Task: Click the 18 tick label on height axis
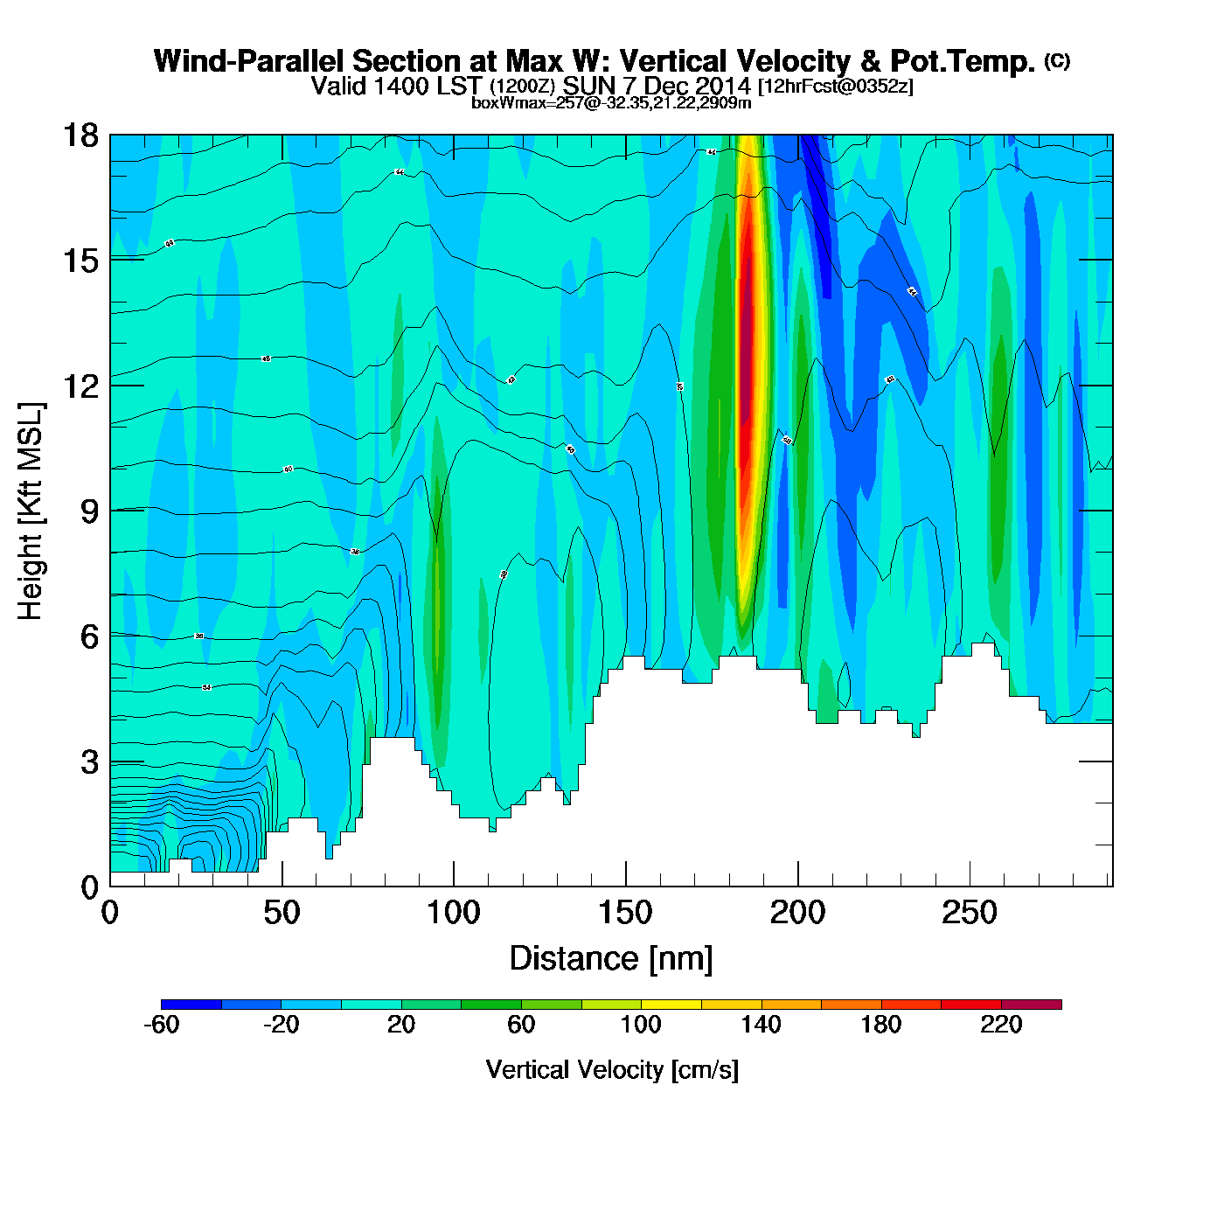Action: [x=80, y=136]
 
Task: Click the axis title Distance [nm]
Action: [x=611, y=959]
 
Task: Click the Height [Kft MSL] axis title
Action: [x=31, y=511]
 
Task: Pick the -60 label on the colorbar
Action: [x=161, y=1025]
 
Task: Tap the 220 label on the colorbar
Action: [x=1001, y=1025]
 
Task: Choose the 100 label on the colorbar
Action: [x=641, y=1025]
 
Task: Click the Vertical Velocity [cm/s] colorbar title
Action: [x=612, y=1069]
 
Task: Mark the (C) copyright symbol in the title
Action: [x=1057, y=60]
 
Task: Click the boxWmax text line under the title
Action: [x=611, y=102]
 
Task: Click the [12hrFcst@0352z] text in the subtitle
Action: [x=836, y=87]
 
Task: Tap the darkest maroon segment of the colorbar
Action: [x=1032, y=1005]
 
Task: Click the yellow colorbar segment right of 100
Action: [x=671, y=1005]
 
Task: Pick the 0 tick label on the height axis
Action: [x=89, y=887]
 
